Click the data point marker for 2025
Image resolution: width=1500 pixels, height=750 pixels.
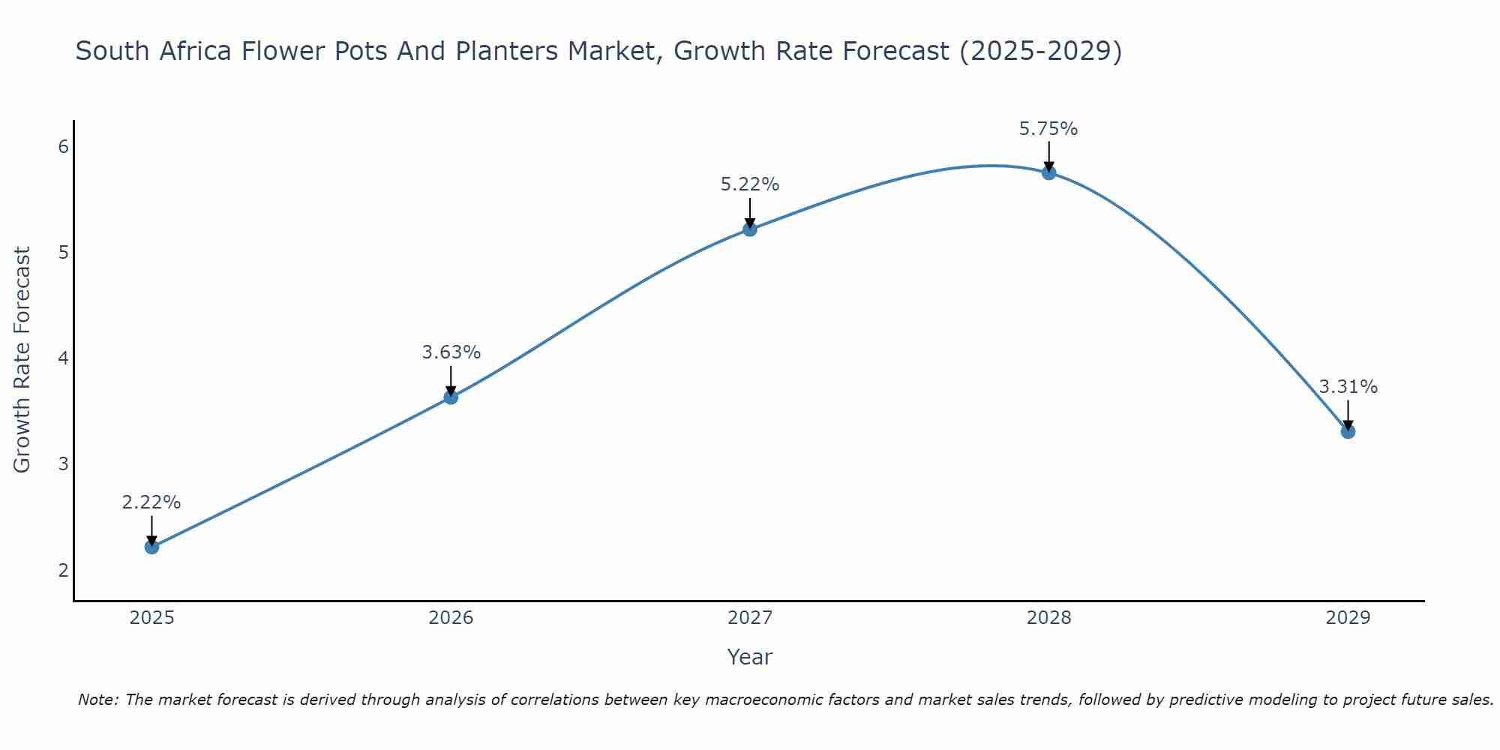tap(151, 547)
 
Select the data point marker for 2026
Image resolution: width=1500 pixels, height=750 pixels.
tap(451, 397)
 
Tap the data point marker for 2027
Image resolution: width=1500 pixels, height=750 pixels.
tap(750, 229)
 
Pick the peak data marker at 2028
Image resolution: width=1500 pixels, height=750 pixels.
tap(1049, 172)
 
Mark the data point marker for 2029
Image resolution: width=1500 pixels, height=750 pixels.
tap(1348, 431)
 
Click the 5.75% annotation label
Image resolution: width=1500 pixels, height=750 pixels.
tap(1048, 129)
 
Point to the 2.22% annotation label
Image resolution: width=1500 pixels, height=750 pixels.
tap(151, 502)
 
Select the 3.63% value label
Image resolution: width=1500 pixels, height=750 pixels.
tap(451, 352)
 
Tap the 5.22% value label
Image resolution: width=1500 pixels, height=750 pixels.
tap(750, 184)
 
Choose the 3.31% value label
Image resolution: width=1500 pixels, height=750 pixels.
tap(1348, 387)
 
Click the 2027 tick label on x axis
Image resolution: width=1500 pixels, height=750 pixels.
tap(750, 618)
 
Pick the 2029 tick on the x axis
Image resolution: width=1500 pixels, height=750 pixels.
tap(1348, 618)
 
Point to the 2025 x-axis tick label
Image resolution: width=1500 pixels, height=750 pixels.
tap(151, 618)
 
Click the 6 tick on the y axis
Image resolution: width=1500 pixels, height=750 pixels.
tap(63, 147)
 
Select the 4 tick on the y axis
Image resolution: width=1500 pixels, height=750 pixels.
tap(63, 358)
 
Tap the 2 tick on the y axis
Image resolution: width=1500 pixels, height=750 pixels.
tap(63, 570)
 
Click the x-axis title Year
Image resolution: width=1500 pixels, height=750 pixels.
tap(750, 657)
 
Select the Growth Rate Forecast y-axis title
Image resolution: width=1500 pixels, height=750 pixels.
tap(22, 360)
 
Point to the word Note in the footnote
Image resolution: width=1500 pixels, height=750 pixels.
tap(97, 700)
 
